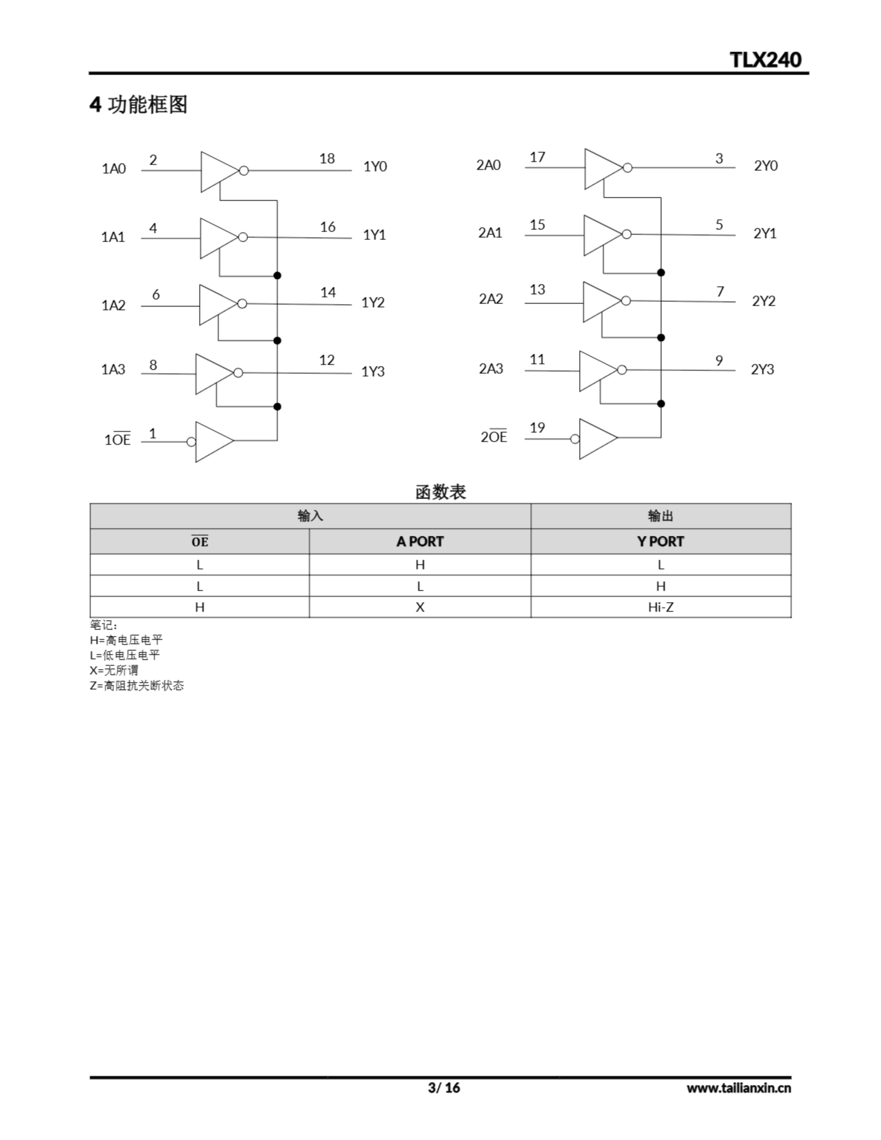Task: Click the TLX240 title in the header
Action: [x=765, y=60]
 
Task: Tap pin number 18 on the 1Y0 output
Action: [x=327, y=159]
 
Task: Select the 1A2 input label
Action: [x=113, y=305]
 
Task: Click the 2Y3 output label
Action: [x=763, y=370]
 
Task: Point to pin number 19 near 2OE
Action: [x=537, y=428]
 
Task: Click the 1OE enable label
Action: [x=118, y=440]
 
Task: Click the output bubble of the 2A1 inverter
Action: [x=627, y=234]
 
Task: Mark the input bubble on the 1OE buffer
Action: [x=191, y=442]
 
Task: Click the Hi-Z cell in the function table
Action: [x=661, y=607]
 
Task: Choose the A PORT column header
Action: [x=420, y=542]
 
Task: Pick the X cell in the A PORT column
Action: [x=420, y=607]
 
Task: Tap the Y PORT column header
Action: [x=661, y=542]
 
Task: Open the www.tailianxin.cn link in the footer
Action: [x=738, y=1088]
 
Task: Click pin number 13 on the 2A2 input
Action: [x=537, y=290]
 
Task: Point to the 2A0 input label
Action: [x=488, y=166]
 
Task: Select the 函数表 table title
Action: [x=440, y=492]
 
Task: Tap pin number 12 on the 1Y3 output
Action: [x=327, y=360]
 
